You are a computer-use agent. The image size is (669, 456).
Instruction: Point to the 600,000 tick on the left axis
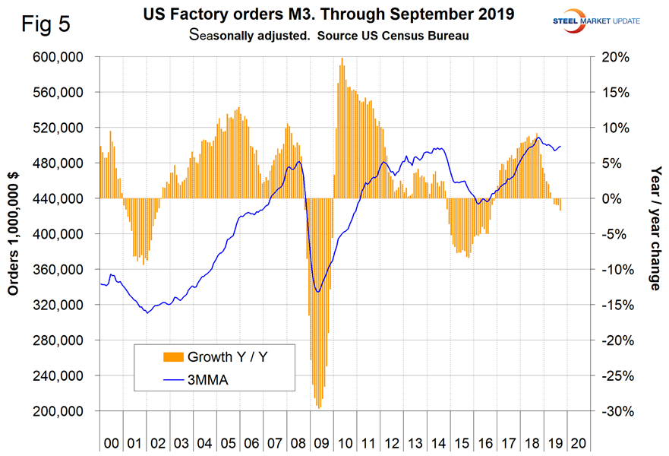point(66,58)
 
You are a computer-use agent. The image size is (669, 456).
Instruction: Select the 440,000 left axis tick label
point(66,199)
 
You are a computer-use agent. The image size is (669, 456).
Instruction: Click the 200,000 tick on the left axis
point(66,412)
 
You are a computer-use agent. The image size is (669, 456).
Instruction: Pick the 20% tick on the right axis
point(611,58)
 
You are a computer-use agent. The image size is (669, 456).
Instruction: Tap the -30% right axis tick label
point(611,412)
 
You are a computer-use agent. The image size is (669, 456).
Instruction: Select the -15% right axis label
point(611,306)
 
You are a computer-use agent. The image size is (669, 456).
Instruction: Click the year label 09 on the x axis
point(322,441)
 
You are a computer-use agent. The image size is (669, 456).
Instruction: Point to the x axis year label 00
point(111,441)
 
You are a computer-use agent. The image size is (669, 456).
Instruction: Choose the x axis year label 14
point(439,441)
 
